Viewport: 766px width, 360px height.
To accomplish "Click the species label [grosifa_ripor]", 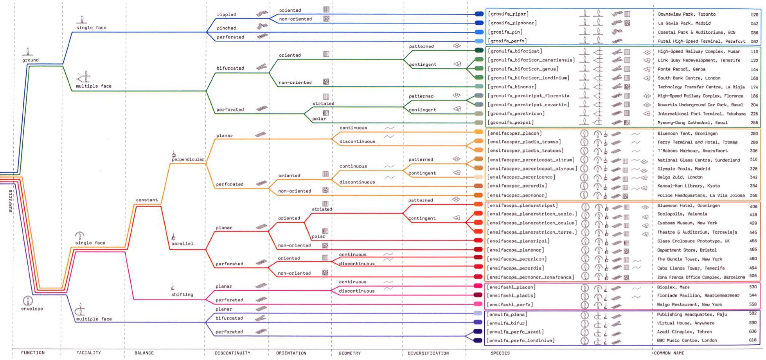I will pos(508,14).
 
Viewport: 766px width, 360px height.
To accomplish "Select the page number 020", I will pos(754,14).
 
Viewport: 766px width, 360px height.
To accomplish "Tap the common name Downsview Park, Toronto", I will pos(687,14).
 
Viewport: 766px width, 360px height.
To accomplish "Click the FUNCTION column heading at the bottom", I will pos(33,353).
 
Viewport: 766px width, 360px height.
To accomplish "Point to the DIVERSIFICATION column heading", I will pos(428,353).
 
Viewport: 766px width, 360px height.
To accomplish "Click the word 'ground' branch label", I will pos(31,60).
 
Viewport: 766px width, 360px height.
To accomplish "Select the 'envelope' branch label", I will pos(32,309).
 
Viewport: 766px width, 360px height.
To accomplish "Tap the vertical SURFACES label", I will pos(11,201).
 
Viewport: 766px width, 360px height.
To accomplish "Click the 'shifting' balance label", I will pos(182,294).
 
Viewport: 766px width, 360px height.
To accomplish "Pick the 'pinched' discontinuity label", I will pos(226,28).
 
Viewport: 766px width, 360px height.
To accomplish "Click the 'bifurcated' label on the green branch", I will pos(230,68).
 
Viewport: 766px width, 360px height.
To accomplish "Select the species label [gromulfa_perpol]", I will pos(510,122).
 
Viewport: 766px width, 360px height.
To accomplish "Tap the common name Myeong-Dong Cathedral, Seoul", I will pos(692,122).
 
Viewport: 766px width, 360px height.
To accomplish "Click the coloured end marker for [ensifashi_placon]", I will pos(478,286).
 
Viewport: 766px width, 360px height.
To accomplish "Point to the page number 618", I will pos(753,340).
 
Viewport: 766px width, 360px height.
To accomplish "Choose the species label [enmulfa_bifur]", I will pos(507,323).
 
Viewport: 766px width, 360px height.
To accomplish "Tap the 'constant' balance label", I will pos(147,200).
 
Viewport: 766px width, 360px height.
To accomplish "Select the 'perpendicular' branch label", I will pos(188,159).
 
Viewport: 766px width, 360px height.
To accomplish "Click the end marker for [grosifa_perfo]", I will pos(479,41).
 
